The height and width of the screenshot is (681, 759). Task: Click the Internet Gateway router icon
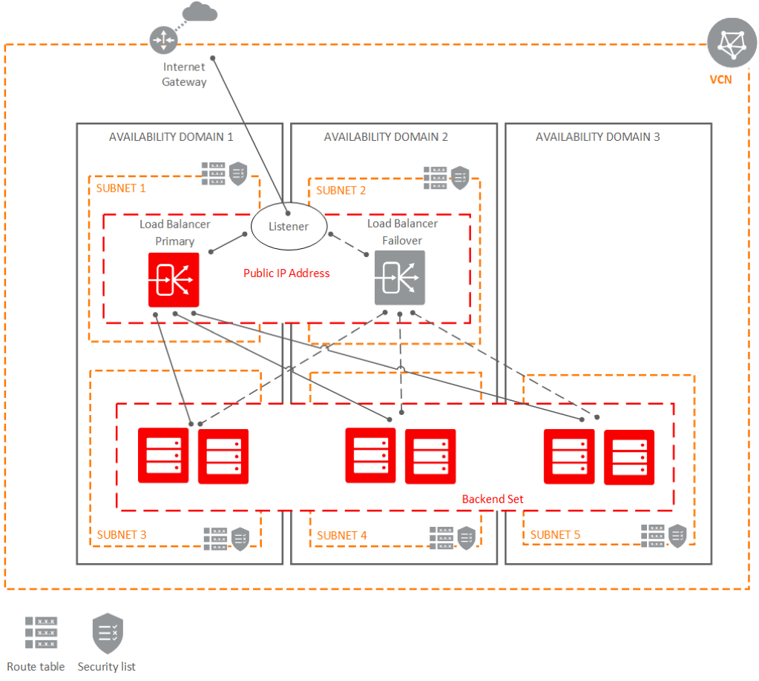(x=162, y=39)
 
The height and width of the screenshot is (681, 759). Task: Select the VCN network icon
(x=732, y=44)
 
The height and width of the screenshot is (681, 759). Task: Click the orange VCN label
(x=720, y=79)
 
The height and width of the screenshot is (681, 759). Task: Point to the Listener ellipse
(x=288, y=226)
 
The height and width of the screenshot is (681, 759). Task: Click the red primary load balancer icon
(x=174, y=279)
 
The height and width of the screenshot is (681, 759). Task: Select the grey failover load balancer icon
(x=400, y=277)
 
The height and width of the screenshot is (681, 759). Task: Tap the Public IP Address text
(x=286, y=273)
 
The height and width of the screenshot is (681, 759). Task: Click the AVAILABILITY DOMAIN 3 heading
(x=597, y=136)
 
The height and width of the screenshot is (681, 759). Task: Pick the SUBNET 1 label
(x=121, y=188)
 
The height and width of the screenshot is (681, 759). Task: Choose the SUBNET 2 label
(x=341, y=190)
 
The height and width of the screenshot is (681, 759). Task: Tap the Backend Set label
(x=493, y=499)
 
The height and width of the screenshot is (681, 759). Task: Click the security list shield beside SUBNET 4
(x=466, y=537)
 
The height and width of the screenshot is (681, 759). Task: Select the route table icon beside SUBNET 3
(x=216, y=539)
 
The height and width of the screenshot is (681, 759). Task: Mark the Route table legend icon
(x=41, y=633)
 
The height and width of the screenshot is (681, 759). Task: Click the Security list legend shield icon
(x=107, y=633)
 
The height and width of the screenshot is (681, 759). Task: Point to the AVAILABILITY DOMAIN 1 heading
(x=171, y=136)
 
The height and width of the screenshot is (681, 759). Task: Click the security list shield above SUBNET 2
(x=460, y=178)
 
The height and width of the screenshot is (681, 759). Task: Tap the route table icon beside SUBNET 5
(x=653, y=536)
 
